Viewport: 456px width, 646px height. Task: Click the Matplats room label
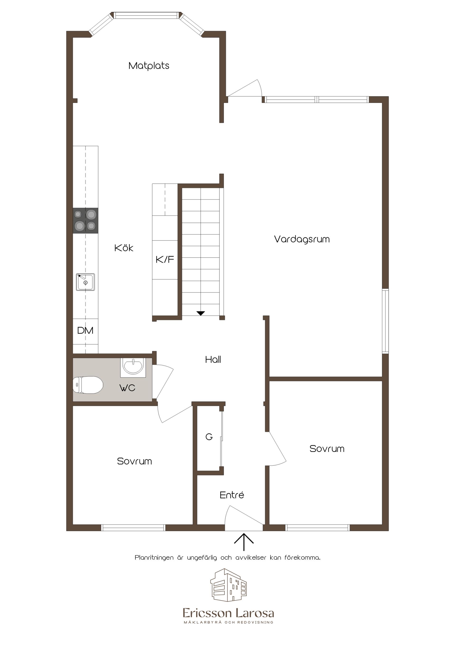click(x=149, y=66)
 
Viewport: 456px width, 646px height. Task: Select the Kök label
click(x=124, y=248)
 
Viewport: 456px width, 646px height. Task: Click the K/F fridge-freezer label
click(x=165, y=259)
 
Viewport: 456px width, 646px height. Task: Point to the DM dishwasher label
click(x=85, y=330)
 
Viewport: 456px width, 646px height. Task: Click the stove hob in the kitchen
click(x=85, y=220)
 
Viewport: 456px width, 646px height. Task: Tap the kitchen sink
click(x=85, y=282)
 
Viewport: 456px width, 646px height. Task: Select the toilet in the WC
click(x=88, y=385)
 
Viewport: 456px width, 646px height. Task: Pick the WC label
click(x=127, y=388)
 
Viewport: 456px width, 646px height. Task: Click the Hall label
click(x=213, y=359)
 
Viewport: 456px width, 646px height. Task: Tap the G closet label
click(x=209, y=437)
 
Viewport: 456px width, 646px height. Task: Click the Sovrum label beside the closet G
click(x=134, y=461)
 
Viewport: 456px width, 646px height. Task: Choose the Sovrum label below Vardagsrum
click(x=327, y=449)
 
